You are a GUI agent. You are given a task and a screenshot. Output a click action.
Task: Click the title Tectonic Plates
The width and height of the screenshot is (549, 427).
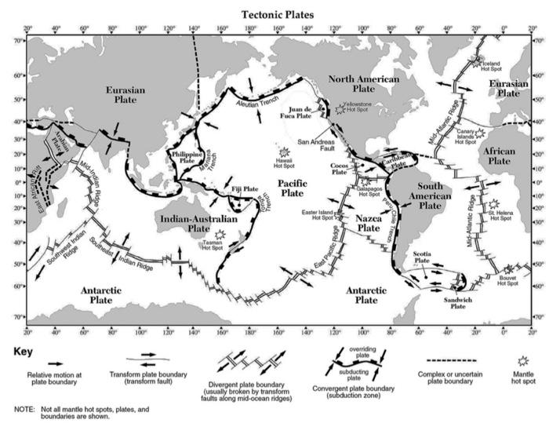277,14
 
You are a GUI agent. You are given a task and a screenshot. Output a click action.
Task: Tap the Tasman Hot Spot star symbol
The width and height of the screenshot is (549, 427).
219,235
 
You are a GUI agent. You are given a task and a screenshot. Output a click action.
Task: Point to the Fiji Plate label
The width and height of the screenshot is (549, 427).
245,189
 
